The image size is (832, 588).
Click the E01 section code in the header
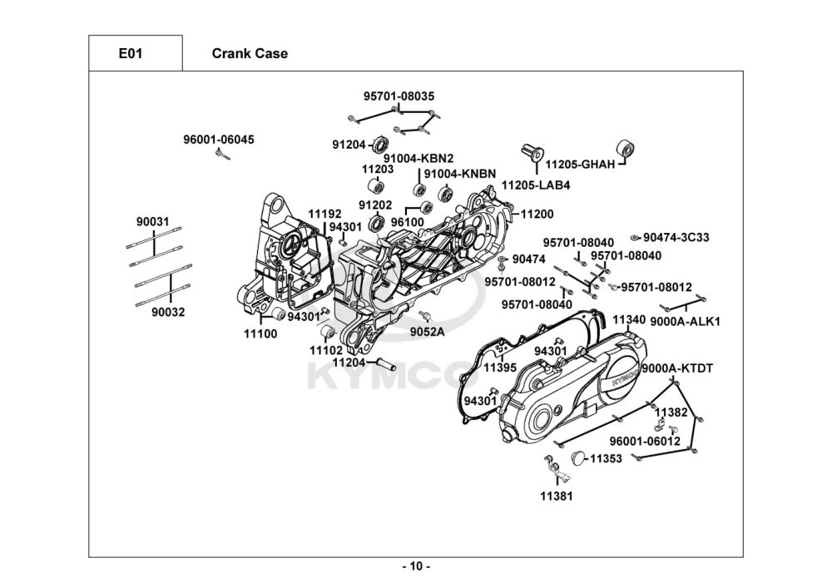[131, 54]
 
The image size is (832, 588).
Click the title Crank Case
[250, 54]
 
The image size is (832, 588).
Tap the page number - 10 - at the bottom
[416, 567]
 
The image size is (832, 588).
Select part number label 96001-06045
[219, 139]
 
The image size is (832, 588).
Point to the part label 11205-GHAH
[580, 165]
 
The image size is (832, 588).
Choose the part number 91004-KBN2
[418, 158]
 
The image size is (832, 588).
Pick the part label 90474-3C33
[676, 237]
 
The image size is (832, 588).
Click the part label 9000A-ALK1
[685, 321]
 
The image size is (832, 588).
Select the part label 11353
[607, 458]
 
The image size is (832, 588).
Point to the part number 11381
[556, 496]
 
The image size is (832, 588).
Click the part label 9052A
[427, 331]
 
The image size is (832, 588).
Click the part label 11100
[260, 334]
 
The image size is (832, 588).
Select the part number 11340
[629, 319]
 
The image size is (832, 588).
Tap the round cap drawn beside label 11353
[580, 457]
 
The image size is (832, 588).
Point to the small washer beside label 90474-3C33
[636, 238]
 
